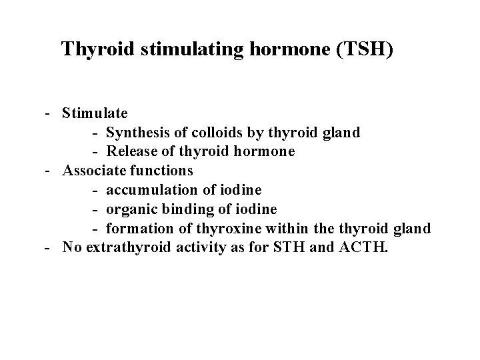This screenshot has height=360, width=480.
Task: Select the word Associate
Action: tap(94, 171)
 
